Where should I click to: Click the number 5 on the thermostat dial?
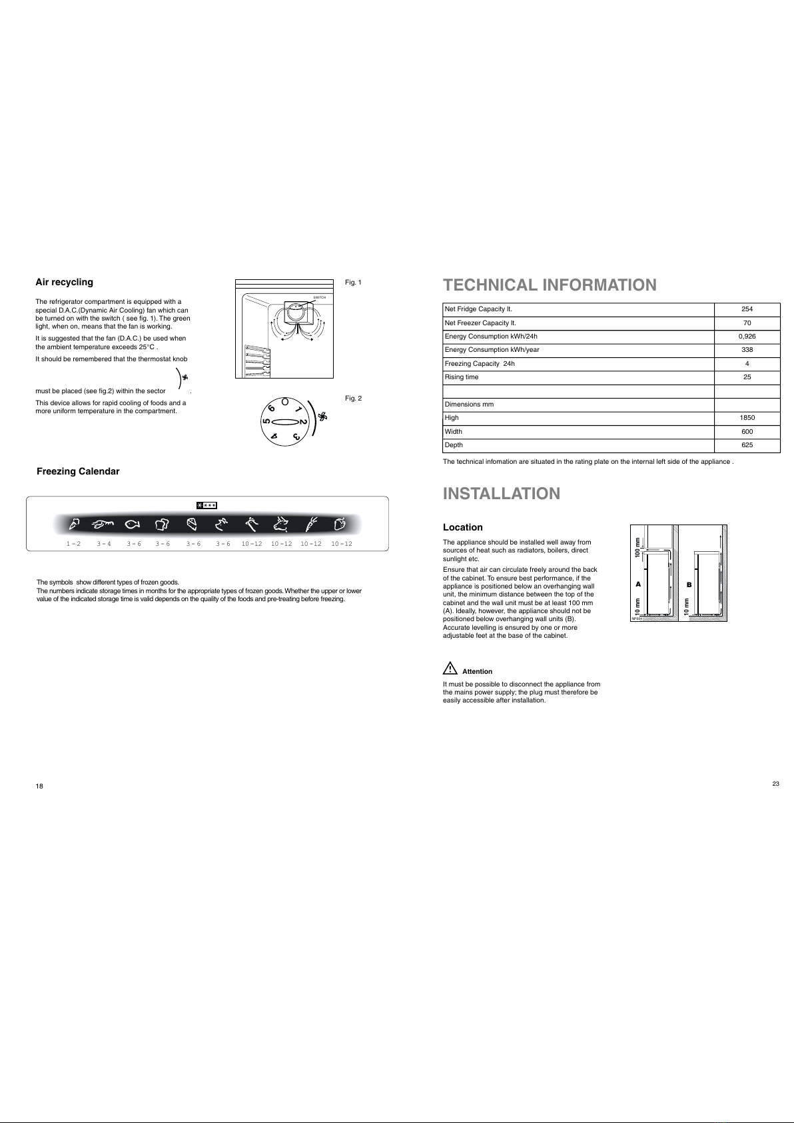coord(266,422)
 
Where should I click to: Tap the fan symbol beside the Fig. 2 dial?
coord(322,417)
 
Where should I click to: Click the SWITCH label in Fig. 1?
coord(320,298)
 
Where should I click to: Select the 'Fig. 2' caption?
coord(353,398)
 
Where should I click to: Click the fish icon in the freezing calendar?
coord(133,525)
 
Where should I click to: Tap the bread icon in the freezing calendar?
coord(162,525)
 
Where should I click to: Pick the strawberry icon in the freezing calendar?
coord(340,524)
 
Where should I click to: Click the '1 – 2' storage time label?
coord(74,544)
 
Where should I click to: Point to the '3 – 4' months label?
coord(104,544)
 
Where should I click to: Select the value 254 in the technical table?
coord(747,309)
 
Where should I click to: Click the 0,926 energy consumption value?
coord(747,337)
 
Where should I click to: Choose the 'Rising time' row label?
coord(462,377)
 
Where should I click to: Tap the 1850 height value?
coord(747,418)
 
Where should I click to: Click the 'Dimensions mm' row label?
coord(469,404)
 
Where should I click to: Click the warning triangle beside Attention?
coord(450,668)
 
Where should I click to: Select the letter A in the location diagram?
coord(638,584)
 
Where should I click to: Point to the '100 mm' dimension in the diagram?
coord(637,547)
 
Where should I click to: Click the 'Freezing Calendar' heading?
coord(78,471)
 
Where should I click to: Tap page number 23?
coord(775,784)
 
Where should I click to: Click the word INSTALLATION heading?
coord(502,493)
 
